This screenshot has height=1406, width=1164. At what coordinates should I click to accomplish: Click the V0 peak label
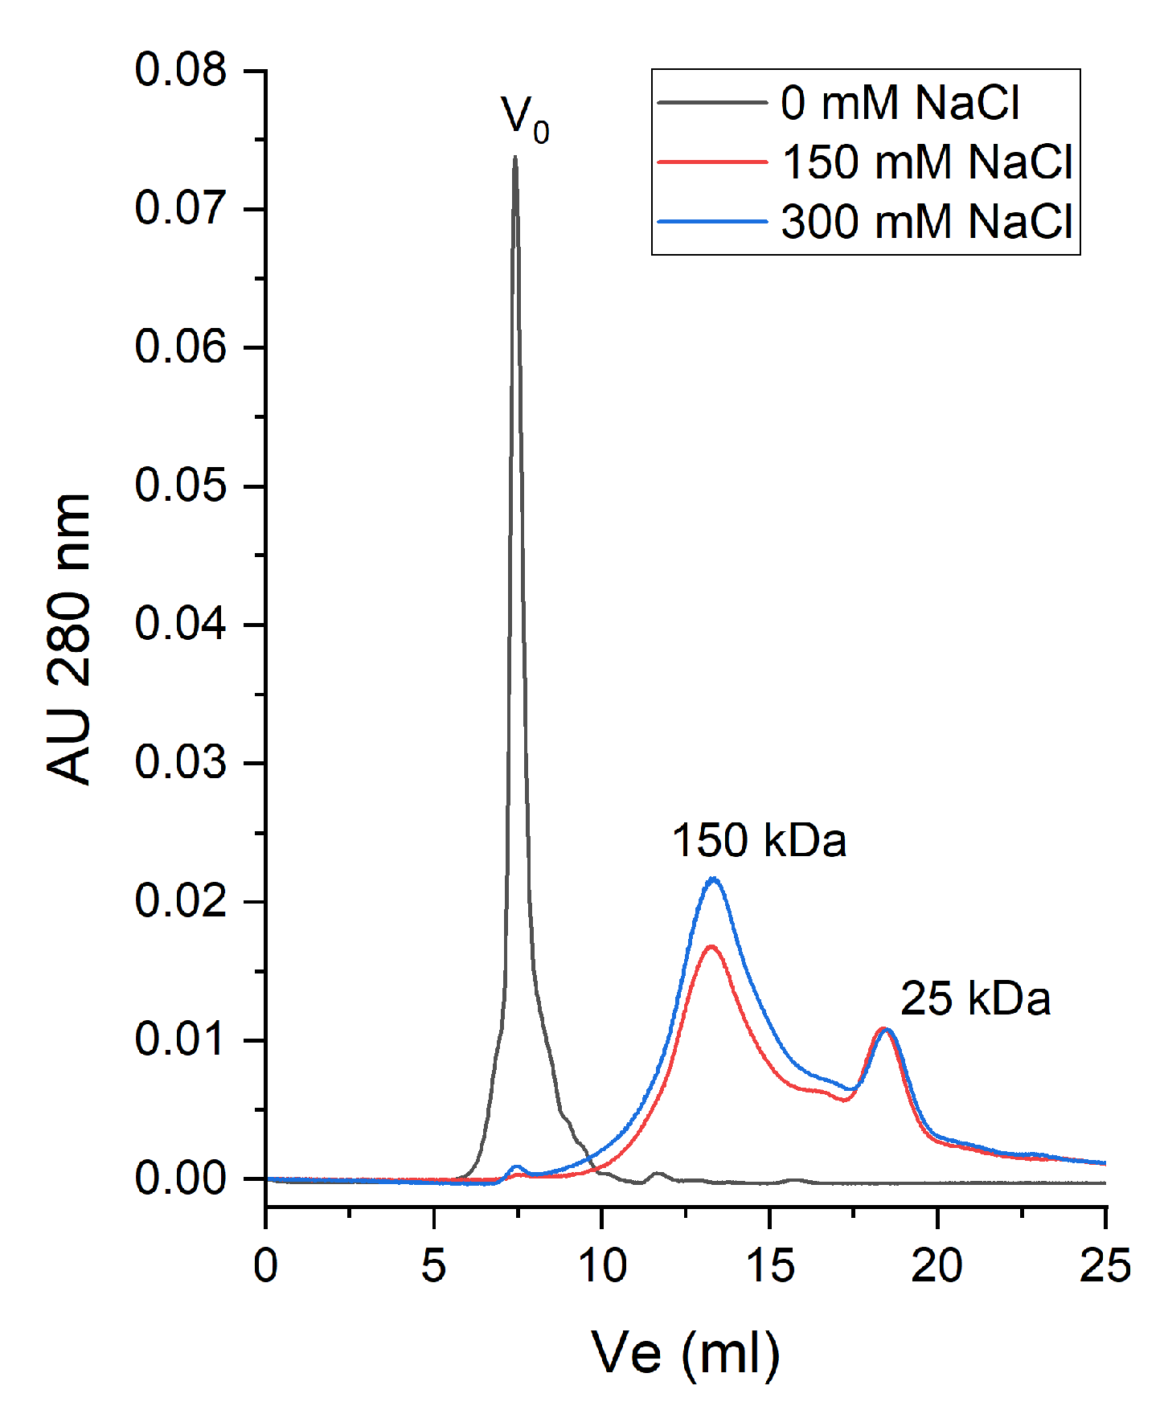click(x=525, y=118)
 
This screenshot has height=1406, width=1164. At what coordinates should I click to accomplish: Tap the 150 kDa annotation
click(x=759, y=841)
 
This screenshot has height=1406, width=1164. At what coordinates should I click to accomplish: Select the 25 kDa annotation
click(x=975, y=998)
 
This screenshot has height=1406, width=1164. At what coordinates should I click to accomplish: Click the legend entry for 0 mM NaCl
click(x=900, y=103)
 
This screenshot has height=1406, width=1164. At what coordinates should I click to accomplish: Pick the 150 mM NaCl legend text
click(x=927, y=162)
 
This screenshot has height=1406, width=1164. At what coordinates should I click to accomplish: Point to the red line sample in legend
click(x=712, y=162)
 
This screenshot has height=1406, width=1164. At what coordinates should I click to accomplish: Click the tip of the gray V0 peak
click(x=514, y=158)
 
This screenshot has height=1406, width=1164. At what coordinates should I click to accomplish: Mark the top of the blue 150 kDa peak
click(x=713, y=879)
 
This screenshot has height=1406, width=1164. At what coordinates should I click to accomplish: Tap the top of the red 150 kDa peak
click(x=711, y=947)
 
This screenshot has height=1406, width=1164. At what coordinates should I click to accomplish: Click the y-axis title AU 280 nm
click(x=69, y=639)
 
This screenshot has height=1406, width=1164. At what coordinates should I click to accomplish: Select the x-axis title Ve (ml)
click(x=685, y=1353)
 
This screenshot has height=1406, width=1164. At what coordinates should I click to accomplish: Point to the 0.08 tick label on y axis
click(x=181, y=70)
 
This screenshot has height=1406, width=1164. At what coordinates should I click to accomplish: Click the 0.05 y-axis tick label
click(x=181, y=486)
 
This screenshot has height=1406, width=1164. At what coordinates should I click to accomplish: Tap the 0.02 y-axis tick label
click(x=181, y=901)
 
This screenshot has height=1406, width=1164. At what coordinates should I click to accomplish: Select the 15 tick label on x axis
click(x=769, y=1266)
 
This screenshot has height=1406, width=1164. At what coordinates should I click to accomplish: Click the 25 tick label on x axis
click(x=1105, y=1266)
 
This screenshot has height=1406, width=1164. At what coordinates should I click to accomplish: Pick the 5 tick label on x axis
click(x=433, y=1266)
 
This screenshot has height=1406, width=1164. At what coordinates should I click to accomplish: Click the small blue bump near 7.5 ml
click(x=516, y=1166)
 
